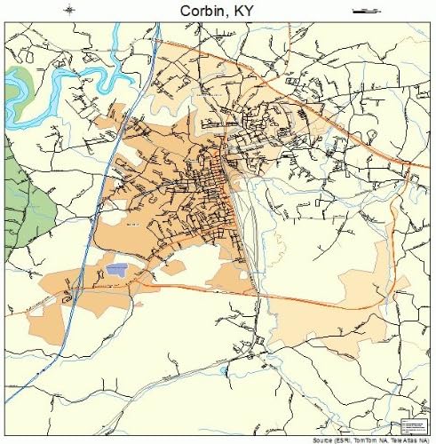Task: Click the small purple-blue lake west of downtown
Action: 116,266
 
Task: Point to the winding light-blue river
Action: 53,84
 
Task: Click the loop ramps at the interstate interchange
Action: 76,289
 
